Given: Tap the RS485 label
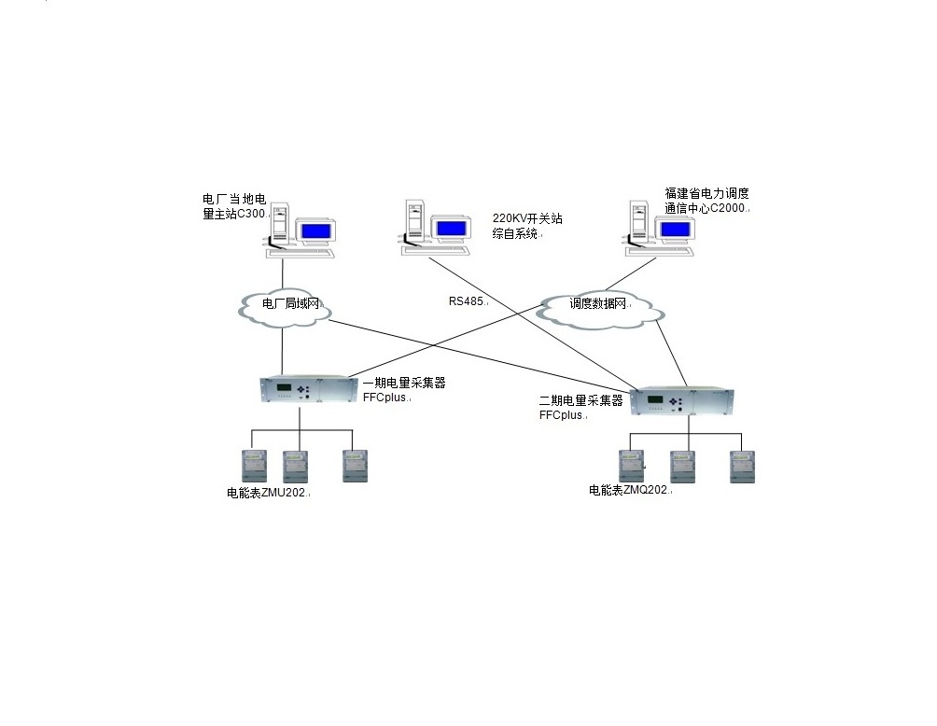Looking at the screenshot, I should pos(468,301).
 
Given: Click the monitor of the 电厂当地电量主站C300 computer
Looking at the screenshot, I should pos(315,230).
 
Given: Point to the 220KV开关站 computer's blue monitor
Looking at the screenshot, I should pos(451,227).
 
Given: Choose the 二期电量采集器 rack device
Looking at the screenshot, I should pos(683,402).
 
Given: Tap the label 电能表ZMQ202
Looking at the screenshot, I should pos(629,489).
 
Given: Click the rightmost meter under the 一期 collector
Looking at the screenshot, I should pos(354,465).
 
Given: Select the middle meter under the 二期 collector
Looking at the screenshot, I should pos(683,466).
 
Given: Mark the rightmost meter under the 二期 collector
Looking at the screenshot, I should pos(742,466).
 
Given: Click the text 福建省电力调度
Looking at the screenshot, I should pos(706,194).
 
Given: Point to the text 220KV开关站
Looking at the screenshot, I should pos(527,219).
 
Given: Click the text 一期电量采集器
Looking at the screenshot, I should pos(403,383).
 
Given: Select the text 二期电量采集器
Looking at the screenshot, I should pos(580,400).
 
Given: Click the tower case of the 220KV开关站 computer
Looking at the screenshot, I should pos(413,224).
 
